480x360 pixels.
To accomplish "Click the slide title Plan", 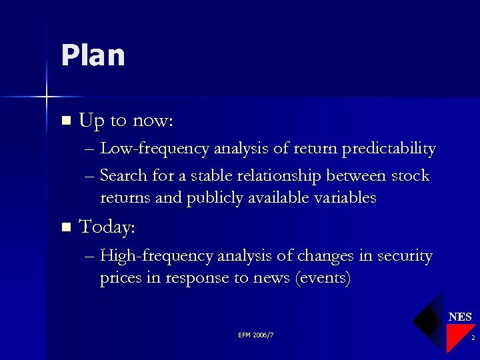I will pos(93,55).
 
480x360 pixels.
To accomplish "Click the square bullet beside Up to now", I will pos(65,121).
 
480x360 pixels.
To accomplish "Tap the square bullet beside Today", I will pos(65,228).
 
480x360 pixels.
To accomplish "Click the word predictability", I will pos(389,149).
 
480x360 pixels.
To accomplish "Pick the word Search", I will pos(121,176).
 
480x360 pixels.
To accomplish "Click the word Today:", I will pos(107,228).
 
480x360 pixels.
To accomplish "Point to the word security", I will pos(405,256).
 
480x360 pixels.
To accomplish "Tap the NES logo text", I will pos(460,317).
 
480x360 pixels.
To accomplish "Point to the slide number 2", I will pos(472,339).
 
